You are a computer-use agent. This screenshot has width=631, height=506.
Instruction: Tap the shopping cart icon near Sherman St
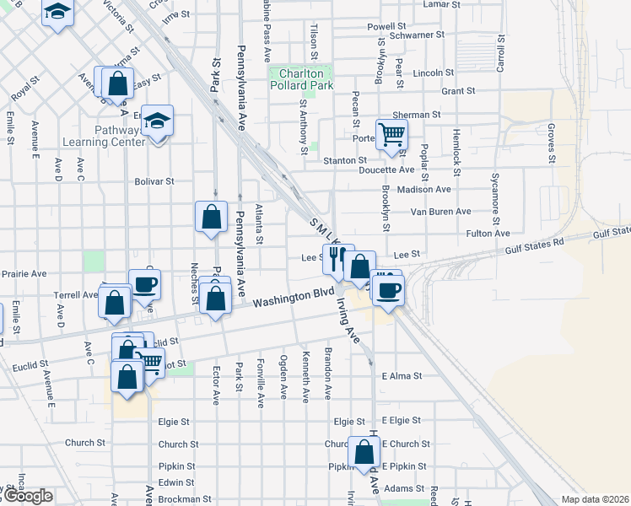(x=391, y=134)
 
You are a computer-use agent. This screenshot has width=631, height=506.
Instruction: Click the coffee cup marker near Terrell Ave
(x=144, y=283)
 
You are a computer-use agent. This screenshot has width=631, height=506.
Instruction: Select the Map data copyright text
(x=594, y=499)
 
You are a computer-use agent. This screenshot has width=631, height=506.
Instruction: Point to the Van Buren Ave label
(x=440, y=212)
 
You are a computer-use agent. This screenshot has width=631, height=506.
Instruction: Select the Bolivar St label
(x=154, y=180)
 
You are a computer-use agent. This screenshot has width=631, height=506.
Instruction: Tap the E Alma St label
(x=401, y=376)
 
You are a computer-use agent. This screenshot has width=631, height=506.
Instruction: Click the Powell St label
(x=386, y=27)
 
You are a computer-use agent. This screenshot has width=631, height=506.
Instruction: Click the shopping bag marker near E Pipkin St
(x=364, y=453)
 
